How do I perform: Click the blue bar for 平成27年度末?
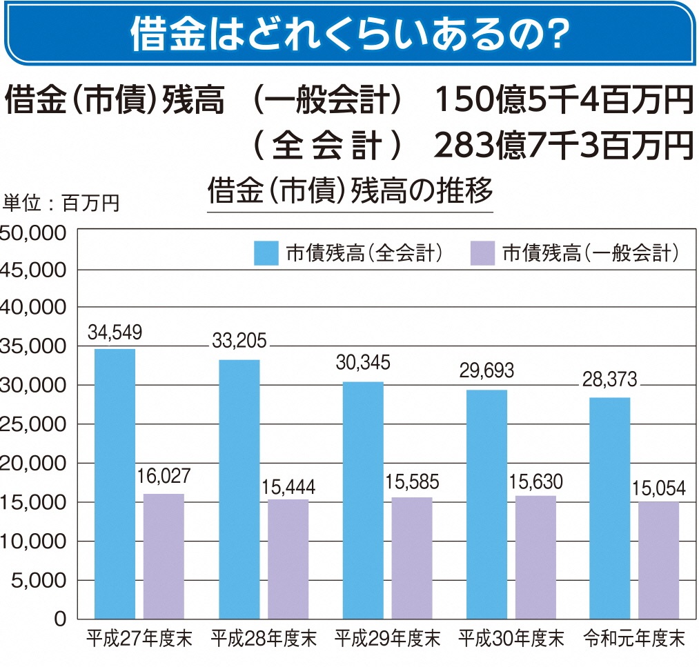(115, 483)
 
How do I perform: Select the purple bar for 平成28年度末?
(288, 559)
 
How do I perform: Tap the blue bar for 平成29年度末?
(363, 499)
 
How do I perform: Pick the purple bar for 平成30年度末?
(535, 557)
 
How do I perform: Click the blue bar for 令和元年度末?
(610, 508)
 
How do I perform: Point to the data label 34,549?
(115, 333)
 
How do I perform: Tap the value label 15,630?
(535, 481)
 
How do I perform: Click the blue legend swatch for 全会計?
(266, 253)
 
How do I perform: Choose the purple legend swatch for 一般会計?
(482, 253)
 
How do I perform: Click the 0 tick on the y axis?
(60, 618)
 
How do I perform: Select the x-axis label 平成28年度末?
(264, 638)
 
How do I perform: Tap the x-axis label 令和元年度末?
(634, 638)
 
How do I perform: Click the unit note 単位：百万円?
(61, 203)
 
